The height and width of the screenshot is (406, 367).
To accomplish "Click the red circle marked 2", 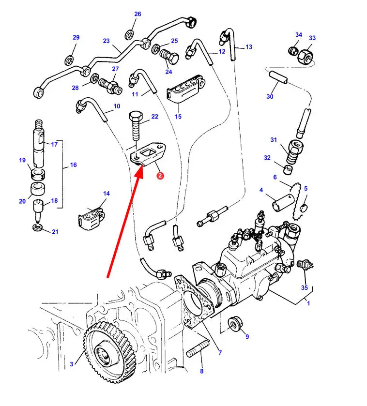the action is (160, 176).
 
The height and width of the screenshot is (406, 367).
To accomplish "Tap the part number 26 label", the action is (138, 14).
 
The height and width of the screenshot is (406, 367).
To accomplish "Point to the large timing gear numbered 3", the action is (110, 351).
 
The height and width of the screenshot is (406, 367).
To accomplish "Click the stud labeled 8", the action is (198, 349).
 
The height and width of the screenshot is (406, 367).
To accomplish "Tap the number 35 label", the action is (305, 287).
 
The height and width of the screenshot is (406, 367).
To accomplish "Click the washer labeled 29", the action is (69, 60).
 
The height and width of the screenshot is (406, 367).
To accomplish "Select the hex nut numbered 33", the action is (306, 57).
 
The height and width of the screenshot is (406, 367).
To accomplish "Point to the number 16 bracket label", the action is (73, 165).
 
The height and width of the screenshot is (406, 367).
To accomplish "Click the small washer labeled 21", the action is (38, 227).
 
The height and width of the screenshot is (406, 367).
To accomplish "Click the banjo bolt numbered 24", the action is (169, 57).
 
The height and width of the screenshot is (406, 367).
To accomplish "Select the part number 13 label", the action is (249, 47).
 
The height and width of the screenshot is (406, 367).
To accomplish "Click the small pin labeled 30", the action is (278, 77).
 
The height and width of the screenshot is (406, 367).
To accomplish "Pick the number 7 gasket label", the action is (220, 353).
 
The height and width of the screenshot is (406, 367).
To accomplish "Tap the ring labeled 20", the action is (38, 189).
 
